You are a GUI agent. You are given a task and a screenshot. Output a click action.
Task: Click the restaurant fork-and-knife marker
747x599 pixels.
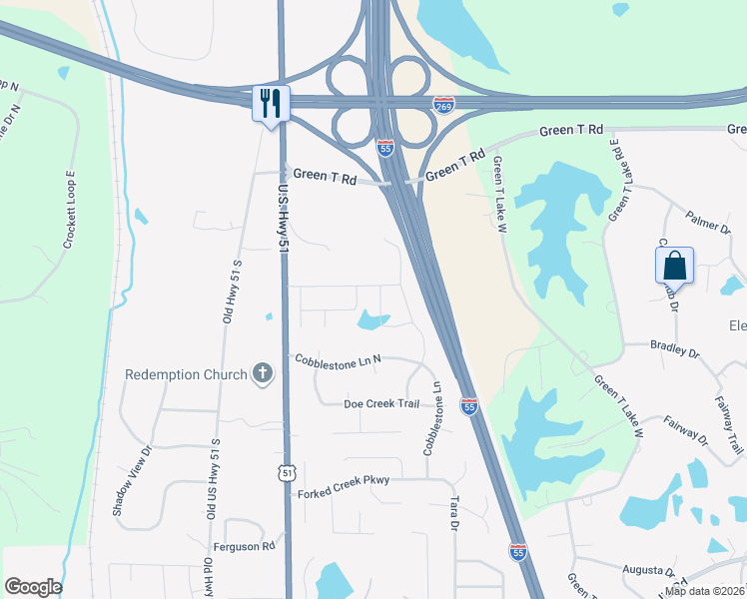[x=271, y=103]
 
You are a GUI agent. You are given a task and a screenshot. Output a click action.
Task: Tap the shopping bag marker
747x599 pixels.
[x=674, y=266]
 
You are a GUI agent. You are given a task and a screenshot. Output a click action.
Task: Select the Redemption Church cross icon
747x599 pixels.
[x=263, y=373]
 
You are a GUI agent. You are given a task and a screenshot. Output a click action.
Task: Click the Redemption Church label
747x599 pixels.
[x=186, y=374]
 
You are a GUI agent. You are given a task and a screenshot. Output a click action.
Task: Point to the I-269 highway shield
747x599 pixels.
[x=444, y=105]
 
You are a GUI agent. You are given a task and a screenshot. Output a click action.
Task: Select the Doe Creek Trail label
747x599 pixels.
[x=382, y=403]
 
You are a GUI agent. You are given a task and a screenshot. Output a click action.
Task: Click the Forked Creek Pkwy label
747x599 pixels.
[x=343, y=481]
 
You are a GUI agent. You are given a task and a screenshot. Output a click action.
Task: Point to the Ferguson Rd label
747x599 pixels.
[x=244, y=547]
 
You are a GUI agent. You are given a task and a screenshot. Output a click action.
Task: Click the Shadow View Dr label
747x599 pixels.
[x=131, y=479]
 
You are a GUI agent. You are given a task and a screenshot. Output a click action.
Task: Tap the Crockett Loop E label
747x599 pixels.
[x=70, y=210]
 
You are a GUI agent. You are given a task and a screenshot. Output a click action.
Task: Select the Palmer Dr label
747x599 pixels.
[x=707, y=221]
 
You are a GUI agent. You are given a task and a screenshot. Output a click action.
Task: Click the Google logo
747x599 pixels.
[x=33, y=587]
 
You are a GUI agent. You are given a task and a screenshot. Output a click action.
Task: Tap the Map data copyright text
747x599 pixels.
[x=703, y=591]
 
